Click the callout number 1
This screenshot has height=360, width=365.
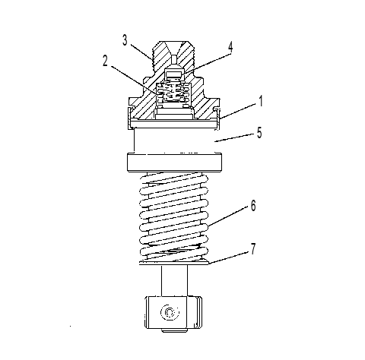coord(261,101)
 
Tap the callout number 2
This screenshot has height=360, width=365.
coord(105,61)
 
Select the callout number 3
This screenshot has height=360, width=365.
coord(125,40)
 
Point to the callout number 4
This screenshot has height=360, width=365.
coord(230,47)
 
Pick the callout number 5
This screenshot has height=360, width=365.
coord(259,132)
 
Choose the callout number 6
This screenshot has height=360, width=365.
coord(253,206)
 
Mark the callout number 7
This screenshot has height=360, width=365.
coord(253,248)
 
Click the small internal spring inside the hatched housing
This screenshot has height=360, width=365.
coord(173,93)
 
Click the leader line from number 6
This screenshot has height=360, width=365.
coord(228,216)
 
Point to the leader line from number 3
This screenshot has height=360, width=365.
coord(142,52)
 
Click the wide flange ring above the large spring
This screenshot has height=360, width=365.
coord(174,162)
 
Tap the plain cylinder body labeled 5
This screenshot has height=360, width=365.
coord(175,141)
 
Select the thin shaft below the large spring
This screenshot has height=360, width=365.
coord(174,280)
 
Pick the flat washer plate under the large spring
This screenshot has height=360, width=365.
coord(174,264)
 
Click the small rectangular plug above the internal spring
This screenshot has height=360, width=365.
coord(173,74)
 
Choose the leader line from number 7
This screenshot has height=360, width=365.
coord(228,257)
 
